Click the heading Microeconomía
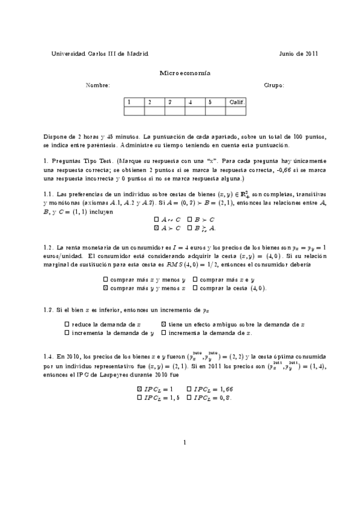[x=180, y=72]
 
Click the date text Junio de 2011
[x=299, y=53]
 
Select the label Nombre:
[x=98, y=85]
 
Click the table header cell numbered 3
[x=175, y=102]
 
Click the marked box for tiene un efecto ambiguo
[x=163, y=324]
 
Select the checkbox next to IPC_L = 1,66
[x=189, y=389]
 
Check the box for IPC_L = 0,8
[x=189, y=398]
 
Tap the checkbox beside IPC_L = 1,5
[x=139, y=398]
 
